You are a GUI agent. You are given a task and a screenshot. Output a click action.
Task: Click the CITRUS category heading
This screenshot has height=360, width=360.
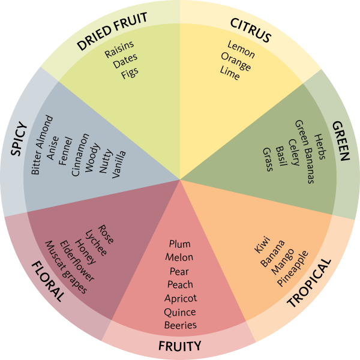point(251,31)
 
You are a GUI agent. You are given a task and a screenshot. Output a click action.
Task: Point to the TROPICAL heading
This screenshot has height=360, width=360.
point(309,283)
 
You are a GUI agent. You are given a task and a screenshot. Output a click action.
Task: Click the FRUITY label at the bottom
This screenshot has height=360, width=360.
point(179,346)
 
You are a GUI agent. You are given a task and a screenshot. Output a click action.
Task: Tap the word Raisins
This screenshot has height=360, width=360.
point(119,49)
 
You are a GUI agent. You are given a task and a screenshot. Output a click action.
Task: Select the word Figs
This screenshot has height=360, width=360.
point(129,72)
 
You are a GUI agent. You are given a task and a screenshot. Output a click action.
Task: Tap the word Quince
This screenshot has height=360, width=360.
point(180,312)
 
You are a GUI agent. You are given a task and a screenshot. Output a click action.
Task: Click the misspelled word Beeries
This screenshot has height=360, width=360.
point(180,325)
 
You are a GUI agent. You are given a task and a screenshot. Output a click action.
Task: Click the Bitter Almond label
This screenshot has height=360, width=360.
point(42,145)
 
